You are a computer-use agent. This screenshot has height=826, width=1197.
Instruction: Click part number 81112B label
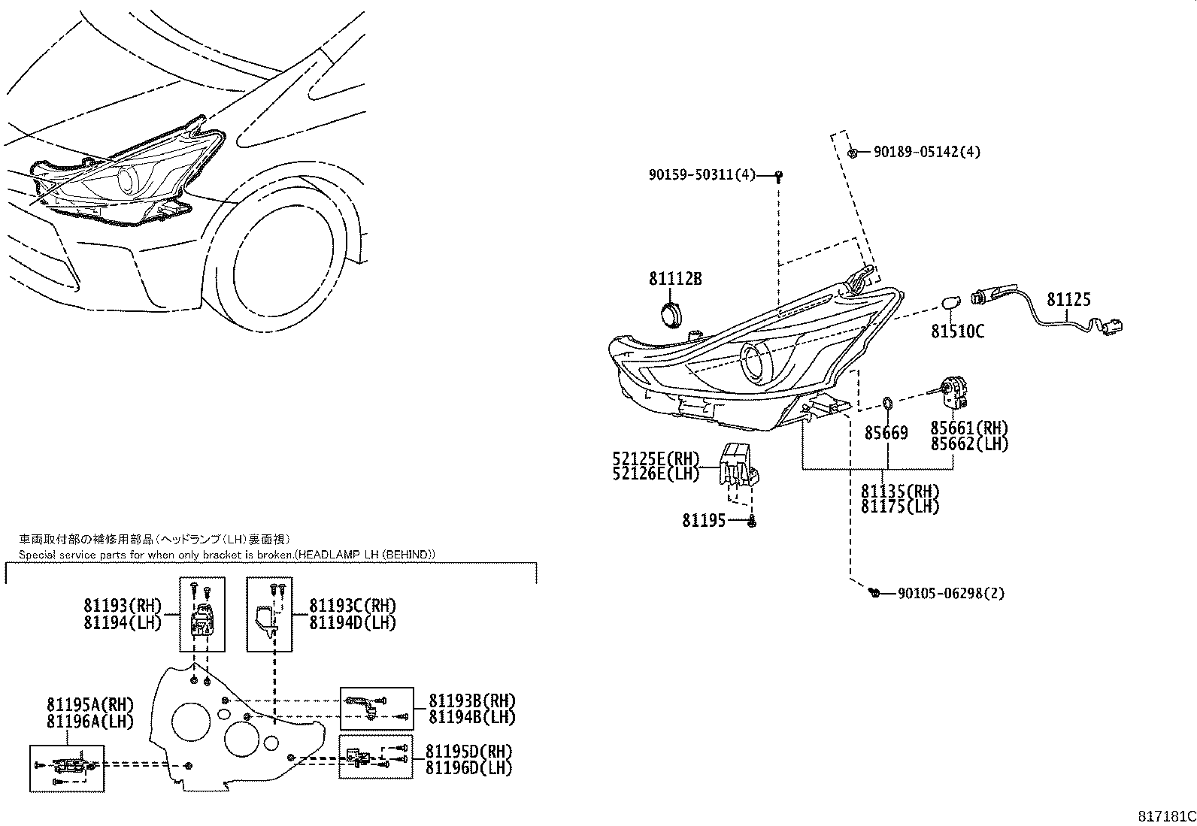tap(675, 279)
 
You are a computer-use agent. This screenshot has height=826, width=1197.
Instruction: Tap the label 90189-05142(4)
tap(926, 152)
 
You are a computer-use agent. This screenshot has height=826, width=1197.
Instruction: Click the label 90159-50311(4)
tap(701, 175)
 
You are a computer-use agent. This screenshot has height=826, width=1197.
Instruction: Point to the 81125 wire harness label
tap(1068, 300)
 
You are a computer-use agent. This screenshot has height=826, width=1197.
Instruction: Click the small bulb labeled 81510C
tap(951, 304)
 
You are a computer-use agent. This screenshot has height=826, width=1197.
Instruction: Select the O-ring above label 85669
tap(886, 404)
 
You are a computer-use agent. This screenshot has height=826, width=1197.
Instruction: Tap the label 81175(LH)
tap(900, 507)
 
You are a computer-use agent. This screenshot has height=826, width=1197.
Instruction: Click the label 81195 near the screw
tap(704, 520)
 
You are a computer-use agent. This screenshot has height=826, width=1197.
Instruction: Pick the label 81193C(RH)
tap(353, 606)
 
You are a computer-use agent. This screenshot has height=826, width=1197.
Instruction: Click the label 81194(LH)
tap(123, 622)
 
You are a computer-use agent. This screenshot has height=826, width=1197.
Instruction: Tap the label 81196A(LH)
tap(89, 721)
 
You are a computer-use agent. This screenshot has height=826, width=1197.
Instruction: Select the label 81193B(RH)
tap(472, 700)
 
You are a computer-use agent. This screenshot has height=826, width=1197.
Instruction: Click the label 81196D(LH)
tap(468, 768)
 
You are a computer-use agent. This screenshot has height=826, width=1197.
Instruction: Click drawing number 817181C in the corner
tap(1165, 816)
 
